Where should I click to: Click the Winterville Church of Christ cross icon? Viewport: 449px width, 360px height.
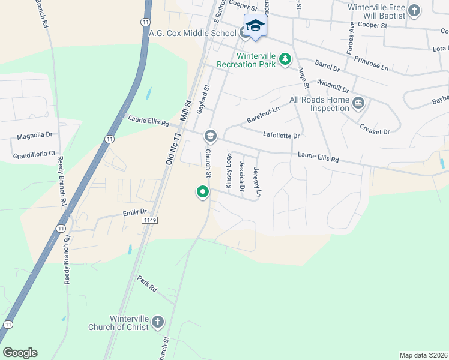[158, 322]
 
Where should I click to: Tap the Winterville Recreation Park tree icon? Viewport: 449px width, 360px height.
[286, 59]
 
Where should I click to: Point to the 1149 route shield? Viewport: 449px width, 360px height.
[151, 221]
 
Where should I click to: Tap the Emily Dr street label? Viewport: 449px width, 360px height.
[135, 212]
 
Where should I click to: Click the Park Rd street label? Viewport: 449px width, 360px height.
[147, 284]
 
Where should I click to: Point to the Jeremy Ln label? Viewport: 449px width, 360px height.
[258, 182]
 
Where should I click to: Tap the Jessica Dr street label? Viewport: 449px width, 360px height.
[243, 176]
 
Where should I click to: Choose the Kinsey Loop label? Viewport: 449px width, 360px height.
[228, 174]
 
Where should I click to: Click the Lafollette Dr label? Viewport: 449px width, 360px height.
[281, 136]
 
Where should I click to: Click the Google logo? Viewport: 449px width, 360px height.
[20, 353]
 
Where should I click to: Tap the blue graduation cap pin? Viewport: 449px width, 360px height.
[255, 26]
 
